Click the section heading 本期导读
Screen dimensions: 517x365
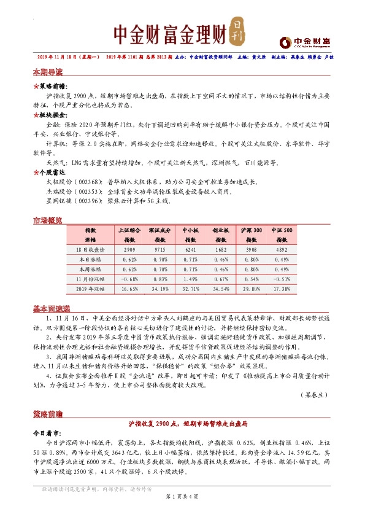coord(47,72)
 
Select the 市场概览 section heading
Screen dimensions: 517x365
coord(47,220)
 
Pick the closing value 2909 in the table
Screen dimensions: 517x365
coord(129,251)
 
